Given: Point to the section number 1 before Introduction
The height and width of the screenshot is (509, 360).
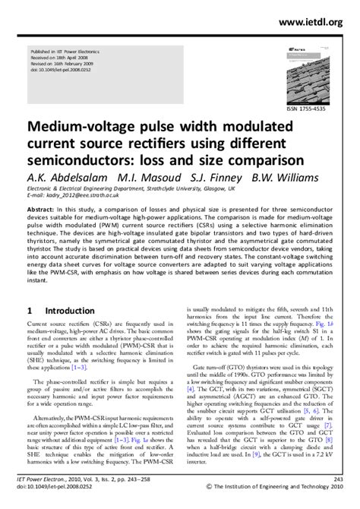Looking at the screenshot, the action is (30, 311).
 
